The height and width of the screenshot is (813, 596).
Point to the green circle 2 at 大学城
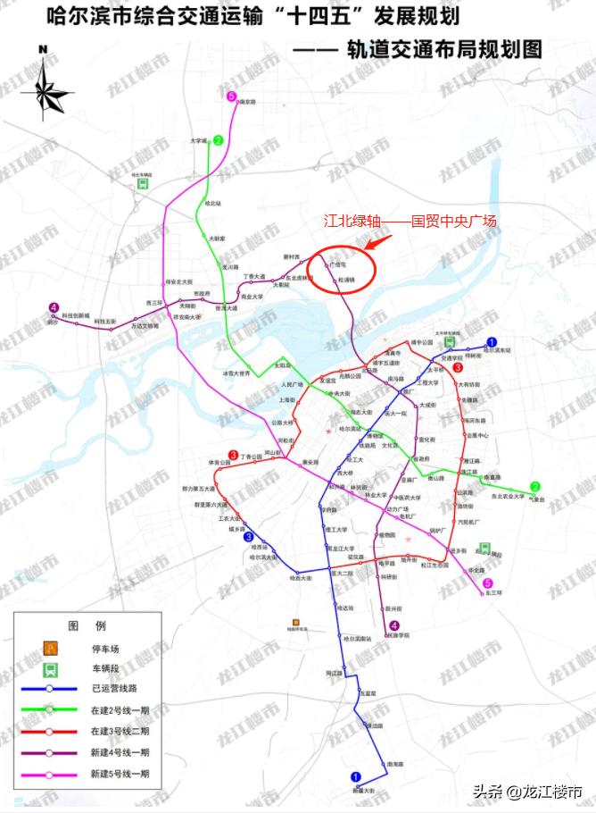pyautogui.click(x=218, y=140)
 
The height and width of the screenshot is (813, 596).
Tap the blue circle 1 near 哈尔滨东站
pyautogui.click(x=491, y=341)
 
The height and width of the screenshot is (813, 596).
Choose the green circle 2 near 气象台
pyautogui.click(x=535, y=487)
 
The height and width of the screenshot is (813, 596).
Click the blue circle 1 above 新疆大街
pyautogui.click(x=356, y=777)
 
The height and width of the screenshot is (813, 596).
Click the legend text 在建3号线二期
pyautogui.click(x=120, y=731)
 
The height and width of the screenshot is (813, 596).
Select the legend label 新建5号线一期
pyautogui.click(x=120, y=773)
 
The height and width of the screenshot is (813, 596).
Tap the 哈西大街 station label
pyautogui.click(x=301, y=578)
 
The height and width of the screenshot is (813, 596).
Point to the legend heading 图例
pyautogui.click(x=87, y=624)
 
